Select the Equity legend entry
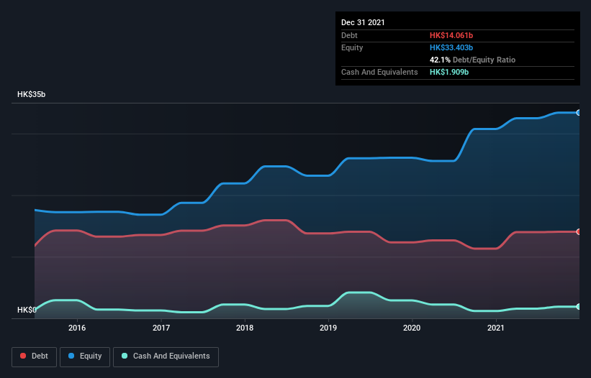(85, 356)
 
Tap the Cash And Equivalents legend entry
(166, 356)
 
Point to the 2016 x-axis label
(77, 328)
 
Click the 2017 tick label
(161, 328)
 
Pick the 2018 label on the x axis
(245, 328)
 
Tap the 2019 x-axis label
(328, 328)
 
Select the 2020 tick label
(412, 328)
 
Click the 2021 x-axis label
(495, 328)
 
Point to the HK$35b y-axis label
(32, 95)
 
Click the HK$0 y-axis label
(27, 310)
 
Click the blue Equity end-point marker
(578, 113)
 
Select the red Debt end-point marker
(578, 231)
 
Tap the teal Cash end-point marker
(578, 307)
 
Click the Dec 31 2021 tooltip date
(363, 22)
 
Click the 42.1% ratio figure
(440, 60)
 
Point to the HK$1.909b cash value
(449, 73)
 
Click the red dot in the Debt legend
(24, 356)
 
